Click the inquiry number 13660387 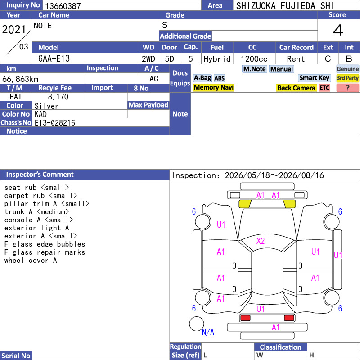point(63,6)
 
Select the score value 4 point(338,30)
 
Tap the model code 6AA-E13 point(54,58)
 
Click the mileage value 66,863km point(20,79)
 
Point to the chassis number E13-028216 point(55,123)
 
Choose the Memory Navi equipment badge point(213,87)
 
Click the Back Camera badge point(296,88)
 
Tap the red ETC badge point(324,88)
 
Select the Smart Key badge point(314,78)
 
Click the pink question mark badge point(347,88)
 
